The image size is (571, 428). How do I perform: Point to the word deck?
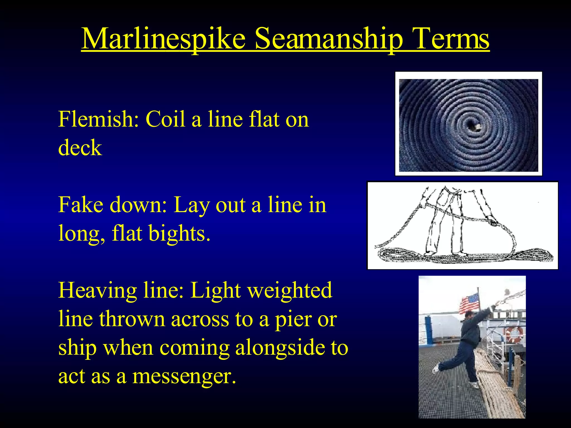(80, 148)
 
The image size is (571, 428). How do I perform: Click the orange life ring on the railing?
(514, 334)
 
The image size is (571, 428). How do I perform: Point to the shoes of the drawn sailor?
(446, 254)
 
